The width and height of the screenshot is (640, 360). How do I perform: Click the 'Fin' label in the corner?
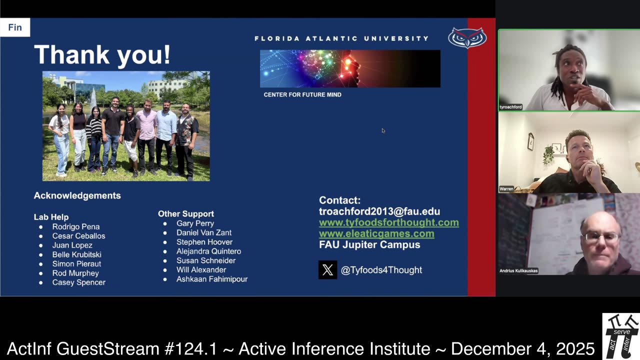pyautogui.click(x=15, y=27)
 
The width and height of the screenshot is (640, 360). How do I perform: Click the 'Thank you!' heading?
pyautogui.click(x=102, y=54)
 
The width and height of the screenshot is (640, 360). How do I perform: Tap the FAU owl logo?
pyautogui.click(x=467, y=38)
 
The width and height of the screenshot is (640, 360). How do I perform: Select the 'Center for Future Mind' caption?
pyautogui.click(x=302, y=94)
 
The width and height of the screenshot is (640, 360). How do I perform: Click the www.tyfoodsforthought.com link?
pyautogui.click(x=388, y=222)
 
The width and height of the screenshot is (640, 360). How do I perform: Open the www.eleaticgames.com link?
pyautogui.click(x=376, y=233)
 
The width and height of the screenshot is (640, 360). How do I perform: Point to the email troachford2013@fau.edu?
pyautogui.click(x=379, y=211)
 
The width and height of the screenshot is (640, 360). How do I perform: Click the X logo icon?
pyautogui.click(x=327, y=270)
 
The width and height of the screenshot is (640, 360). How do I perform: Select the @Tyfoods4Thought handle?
pyautogui.click(x=381, y=270)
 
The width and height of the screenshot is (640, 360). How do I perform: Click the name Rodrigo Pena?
pyautogui.click(x=76, y=226)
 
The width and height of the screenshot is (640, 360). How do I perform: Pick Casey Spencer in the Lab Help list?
pyautogui.click(x=78, y=282)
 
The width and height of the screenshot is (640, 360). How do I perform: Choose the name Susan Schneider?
pyautogui.click(x=205, y=260)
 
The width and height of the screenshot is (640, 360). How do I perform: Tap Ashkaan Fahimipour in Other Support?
pyautogui.click(x=211, y=279)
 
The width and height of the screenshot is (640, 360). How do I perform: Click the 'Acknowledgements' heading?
pyautogui.click(x=77, y=195)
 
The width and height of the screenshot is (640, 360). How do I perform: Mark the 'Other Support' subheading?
pyautogui.click(x=186, y=213)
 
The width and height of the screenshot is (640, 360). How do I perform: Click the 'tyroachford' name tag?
pyautogui.click(x=510, y=107)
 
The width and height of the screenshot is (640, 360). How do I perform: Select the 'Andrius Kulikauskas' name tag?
pyautogui.click(x=518, y=271)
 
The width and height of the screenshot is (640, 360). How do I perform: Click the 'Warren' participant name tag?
pyautogui.click(x=506, y=189)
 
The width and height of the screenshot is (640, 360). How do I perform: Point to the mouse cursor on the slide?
pyautogui.click(x=383, y=130)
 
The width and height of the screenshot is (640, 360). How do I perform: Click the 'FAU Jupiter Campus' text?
pyautogui.click(x=369, y=244)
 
